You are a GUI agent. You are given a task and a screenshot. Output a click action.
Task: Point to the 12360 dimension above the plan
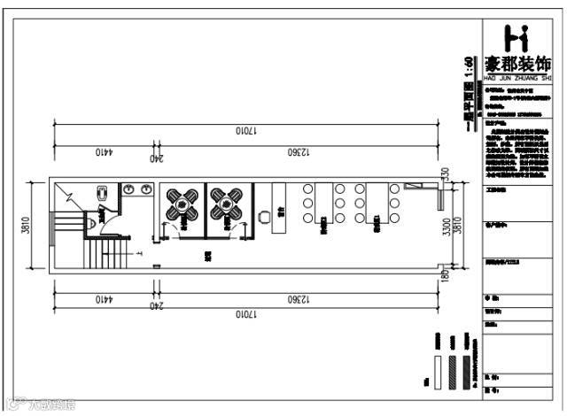coord(300,151)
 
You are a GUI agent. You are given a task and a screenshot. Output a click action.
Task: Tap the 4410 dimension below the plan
coord(103,299)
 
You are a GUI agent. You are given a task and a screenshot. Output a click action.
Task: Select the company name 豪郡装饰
coord(519,65)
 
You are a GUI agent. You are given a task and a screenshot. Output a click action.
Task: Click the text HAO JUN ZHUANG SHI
coord(519,78)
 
